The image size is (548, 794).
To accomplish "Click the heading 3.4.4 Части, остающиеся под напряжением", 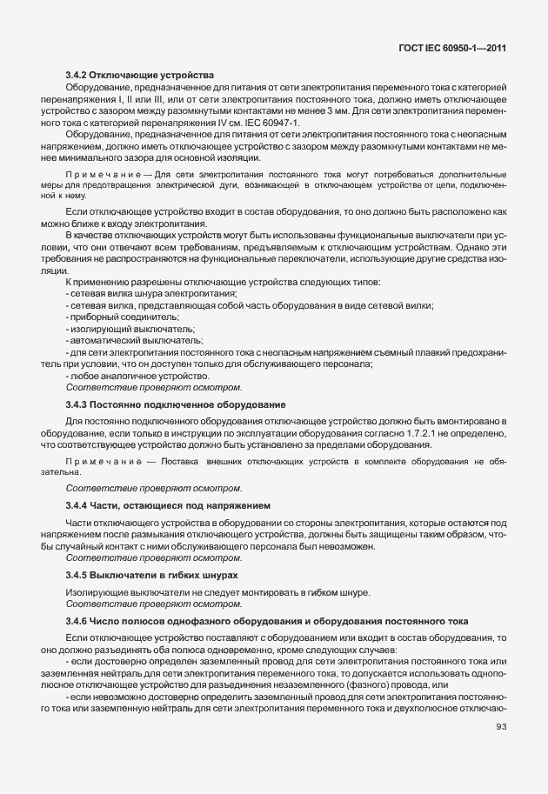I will pos(168,505).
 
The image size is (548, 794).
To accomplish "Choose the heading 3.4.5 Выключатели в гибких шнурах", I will pos(152,576).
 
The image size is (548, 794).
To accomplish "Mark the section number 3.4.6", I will pos(78,621).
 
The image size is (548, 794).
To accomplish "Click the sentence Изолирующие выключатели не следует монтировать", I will pos(217,592).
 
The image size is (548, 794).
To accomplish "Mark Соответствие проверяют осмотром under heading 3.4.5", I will pos(154,604).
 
